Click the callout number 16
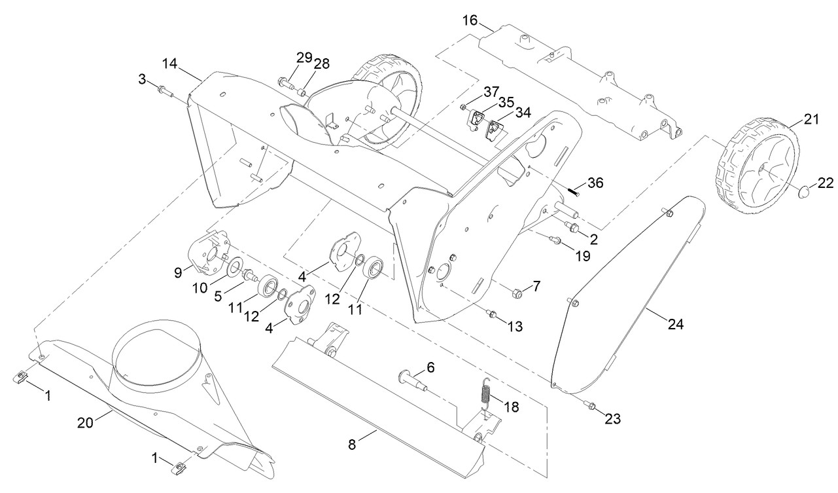(x=470, y=20)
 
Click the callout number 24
(x=676, y=324)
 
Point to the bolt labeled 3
(x=166, y=91)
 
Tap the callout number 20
(x=85, y=423)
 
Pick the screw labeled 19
(x=555, y=240)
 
